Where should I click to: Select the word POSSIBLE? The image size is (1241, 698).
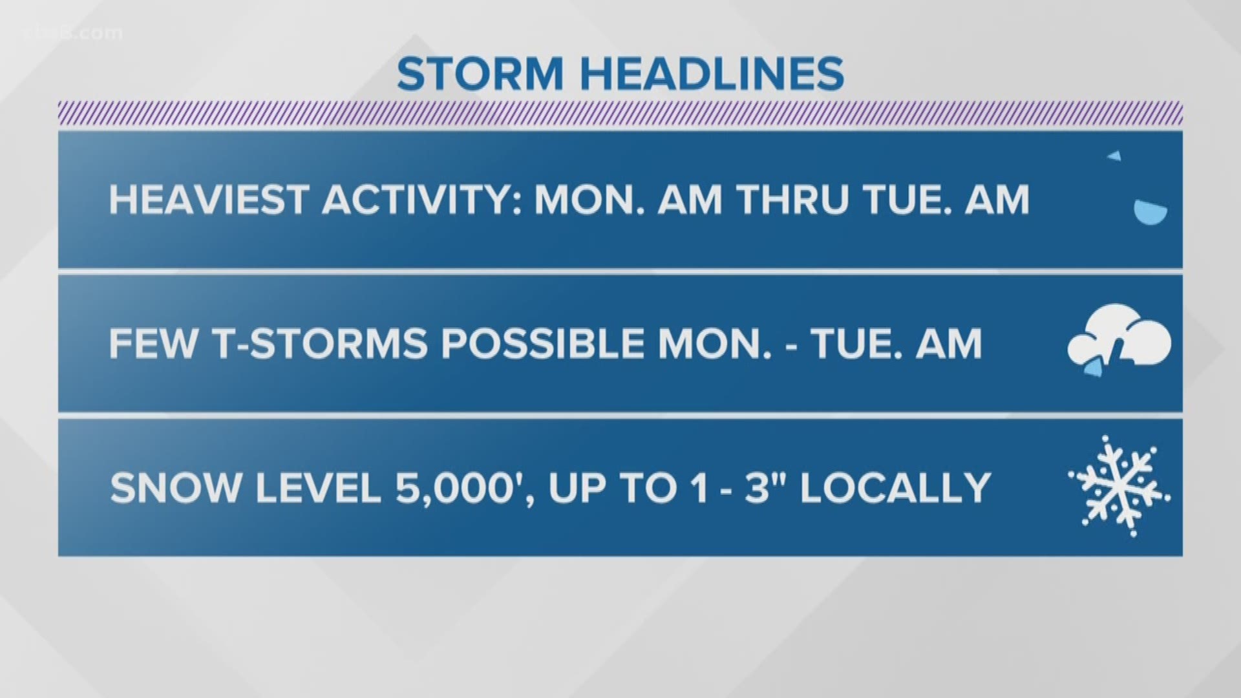click(542, 343)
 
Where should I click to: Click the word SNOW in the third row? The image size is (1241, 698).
click(175, 488)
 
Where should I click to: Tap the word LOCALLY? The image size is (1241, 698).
click(895, 488)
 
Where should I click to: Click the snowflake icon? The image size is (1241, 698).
click(1119, 486)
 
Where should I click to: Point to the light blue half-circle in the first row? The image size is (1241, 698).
click(1151, 213)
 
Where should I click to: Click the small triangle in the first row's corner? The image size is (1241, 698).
click(1114, 156)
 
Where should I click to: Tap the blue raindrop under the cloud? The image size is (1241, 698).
click(1092, 370)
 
